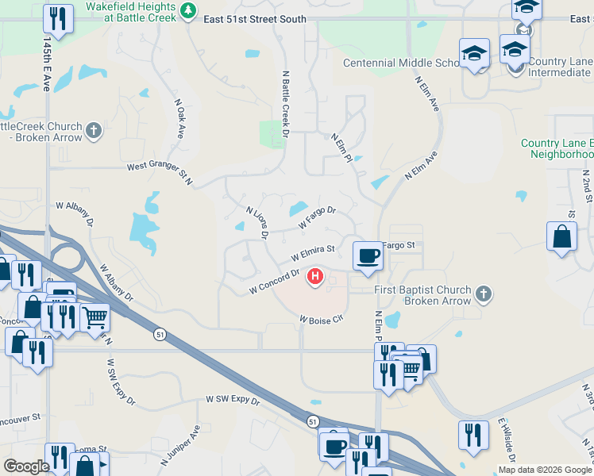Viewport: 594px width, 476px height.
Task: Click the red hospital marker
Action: point(316,276)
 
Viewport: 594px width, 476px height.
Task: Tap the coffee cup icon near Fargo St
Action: point(367,255)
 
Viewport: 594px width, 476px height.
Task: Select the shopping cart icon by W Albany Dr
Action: point(94,317)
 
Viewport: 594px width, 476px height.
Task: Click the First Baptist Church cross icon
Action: point(483,295)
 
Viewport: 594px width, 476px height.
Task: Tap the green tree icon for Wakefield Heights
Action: point(188,10)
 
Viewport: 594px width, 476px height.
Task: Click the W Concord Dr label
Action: point(274,281)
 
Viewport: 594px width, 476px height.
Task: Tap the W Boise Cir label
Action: point(320,320)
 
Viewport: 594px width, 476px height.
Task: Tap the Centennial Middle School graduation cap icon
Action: point(474,53)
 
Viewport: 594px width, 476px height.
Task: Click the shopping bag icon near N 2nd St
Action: point(561,236)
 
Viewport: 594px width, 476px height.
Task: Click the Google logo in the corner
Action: point(25,466)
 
